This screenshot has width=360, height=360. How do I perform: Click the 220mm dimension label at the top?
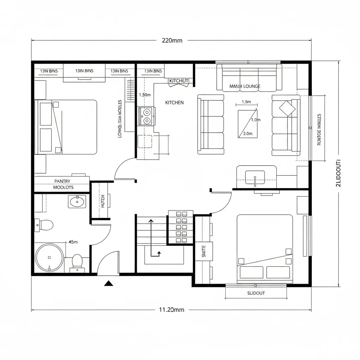click(x=172, y=40)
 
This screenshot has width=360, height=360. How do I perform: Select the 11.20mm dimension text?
click(x=172, y=310)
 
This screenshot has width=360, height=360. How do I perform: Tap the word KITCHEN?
click(x=174, y=103)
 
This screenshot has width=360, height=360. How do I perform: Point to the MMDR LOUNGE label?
click(x=245, y=86)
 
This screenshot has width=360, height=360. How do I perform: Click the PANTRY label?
click(x=63, y=181)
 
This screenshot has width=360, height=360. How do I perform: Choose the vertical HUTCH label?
click(x=103, y=201)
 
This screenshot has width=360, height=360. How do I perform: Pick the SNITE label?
click(x=204, y=251)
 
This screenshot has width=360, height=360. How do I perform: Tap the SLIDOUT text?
click(x=256, y=293)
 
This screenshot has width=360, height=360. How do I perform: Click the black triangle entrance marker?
click(x=108, y=283)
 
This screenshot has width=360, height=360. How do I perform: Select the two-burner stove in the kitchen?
click(x=147, y=116)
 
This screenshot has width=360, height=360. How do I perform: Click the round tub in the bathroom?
click(x=49, y=258)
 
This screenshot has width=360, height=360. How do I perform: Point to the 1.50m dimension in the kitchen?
click(x=145, y=95)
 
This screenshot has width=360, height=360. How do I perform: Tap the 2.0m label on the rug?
click(x=247, y=134)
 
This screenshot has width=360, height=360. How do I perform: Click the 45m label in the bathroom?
click(x=73, y=242)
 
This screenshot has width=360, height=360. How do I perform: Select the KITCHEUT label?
click(x=179, y=81)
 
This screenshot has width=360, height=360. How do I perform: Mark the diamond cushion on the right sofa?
click(x=287, y=108)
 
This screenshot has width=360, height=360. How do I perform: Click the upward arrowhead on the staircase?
click(x=151, y=221)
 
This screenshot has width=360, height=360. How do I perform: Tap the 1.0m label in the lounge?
click(x=256, y=120)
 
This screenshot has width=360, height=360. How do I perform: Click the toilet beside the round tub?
click(x=77, y=262)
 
